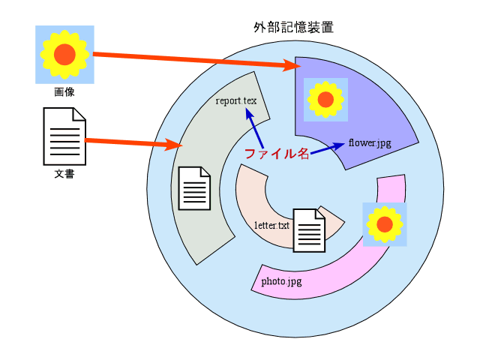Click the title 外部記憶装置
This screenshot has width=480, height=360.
pos(293,28)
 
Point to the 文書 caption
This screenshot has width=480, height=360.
pos(64,175)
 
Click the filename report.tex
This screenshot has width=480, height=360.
pos(236,100)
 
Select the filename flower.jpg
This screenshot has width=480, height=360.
pos(370,142)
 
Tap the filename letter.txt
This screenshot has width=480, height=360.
pos(271,225)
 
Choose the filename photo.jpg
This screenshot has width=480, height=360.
pos(281,282)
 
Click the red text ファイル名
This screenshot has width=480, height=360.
pos(277,154)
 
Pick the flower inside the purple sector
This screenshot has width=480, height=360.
pos(325,100)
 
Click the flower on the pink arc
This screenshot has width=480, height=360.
pos(385,224)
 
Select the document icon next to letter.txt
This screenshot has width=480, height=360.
pos(309,230)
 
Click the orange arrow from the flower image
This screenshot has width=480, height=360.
pos(195,61)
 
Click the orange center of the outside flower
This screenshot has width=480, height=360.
pos(64,54)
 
